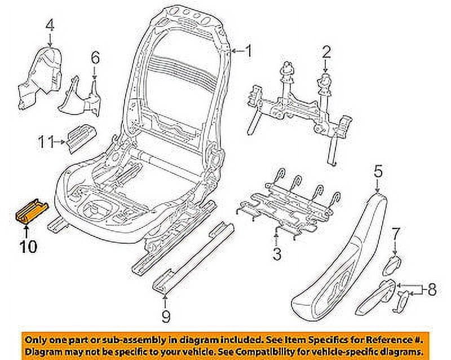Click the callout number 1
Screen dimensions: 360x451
click(x=249, y=52)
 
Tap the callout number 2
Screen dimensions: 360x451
click(x=325, y=53)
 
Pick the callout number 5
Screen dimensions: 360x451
click(x=378, y=169)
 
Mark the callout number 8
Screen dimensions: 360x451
click(x=432, y=290)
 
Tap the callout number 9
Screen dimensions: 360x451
click(x=165, y=317)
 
